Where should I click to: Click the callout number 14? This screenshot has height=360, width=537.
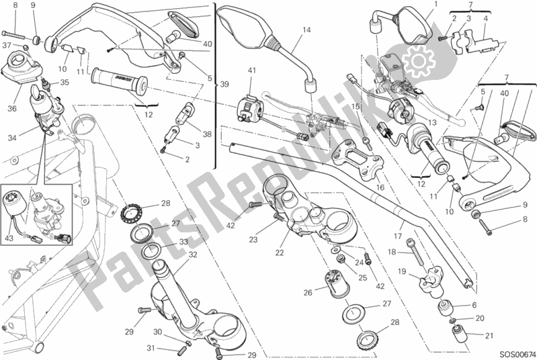tap(306, 30)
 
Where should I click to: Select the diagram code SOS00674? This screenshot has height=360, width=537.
tap(517, 354)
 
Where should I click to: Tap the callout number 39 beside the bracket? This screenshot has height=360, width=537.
tap(224, 84)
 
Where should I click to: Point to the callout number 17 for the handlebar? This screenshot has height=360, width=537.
tap(398, 236)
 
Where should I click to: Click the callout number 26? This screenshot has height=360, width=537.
tap(308, 292)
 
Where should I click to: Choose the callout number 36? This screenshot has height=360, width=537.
tap(12, 109)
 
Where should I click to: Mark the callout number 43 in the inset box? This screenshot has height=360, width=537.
tap(9, 237)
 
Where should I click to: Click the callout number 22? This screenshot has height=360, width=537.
tap(280, 253)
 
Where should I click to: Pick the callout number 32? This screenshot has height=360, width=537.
tap(193, 255)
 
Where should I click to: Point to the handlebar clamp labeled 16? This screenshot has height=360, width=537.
tap(356, 159)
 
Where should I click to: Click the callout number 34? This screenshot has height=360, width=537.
tap(12, 138)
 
